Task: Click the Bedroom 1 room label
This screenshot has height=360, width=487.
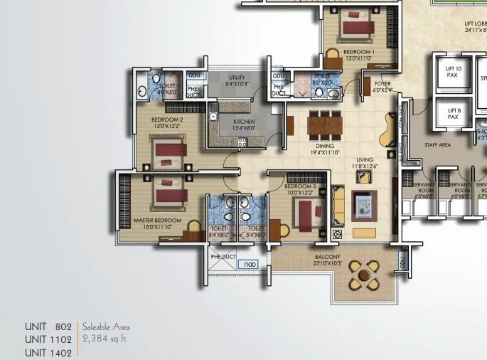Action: click(x=358, y=55)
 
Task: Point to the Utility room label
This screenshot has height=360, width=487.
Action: click(x=237, y=80)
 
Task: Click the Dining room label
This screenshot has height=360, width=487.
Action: click(x=325, y=149)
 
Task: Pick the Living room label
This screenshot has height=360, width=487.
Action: click(x=365, y=163)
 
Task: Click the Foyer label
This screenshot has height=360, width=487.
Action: click(x=382, y=87)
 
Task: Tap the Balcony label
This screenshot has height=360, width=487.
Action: click(x=328, y=260)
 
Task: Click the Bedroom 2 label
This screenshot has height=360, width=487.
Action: click(x=168, y=122)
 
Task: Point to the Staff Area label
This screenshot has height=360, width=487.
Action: click(x=437, y=144)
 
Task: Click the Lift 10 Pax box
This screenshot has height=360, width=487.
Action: click(x=454, y=73)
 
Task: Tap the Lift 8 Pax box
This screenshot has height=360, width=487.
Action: click(x=454, y=114)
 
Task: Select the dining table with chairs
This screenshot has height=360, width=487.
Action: click(x=324, y=127)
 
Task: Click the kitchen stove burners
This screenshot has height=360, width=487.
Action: click(x=242, y=142)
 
